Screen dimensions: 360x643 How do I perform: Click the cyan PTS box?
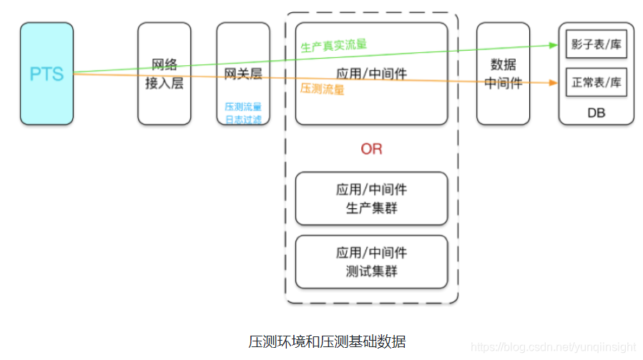point(46,74)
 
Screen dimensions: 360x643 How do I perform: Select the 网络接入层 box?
point(165,74)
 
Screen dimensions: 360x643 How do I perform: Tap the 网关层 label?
point(243,74)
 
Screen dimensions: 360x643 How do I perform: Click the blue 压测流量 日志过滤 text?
point(243,113)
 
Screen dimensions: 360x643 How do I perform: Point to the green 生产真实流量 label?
point(333,44)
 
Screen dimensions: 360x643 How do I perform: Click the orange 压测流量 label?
point(322,89)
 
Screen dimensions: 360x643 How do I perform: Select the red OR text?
point(371,149)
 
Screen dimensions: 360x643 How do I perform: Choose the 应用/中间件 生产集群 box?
point(371,199)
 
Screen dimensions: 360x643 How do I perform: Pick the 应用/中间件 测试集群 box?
point(371,262)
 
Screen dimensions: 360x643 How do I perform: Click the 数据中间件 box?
point(504,74)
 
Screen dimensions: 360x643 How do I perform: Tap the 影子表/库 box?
point(596,44)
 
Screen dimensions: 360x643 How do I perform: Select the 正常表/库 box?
point(596,82)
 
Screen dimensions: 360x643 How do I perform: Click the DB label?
point(596,113)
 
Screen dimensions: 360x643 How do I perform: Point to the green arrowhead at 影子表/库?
point(554,44)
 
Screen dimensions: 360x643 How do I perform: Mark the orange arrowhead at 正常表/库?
point(554,83)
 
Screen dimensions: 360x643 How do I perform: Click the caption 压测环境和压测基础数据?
point(321,339)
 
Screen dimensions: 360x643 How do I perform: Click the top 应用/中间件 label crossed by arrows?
point(371,73)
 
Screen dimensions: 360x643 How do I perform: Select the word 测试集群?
point(371,271)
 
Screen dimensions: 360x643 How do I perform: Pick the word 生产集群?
point(371,208)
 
